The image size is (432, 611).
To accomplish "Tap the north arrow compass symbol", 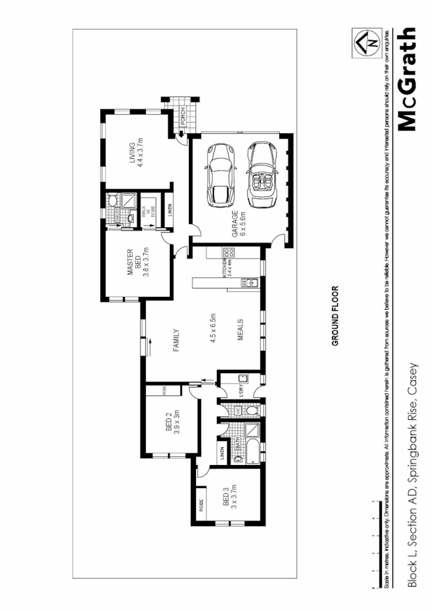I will [x=369, y=42].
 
